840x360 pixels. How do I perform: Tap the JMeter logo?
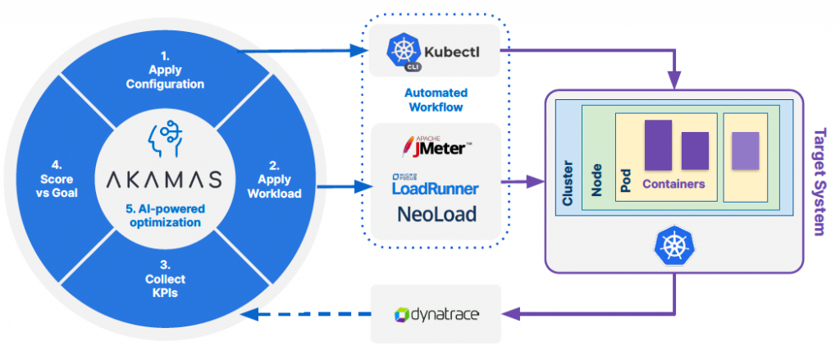(436, 148)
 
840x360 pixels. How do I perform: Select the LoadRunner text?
(436, 188)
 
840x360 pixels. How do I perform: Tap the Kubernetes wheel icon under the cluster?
(673, 244)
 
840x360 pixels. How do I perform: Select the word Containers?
(673, 184)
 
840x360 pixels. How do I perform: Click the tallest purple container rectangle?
(658, 145)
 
